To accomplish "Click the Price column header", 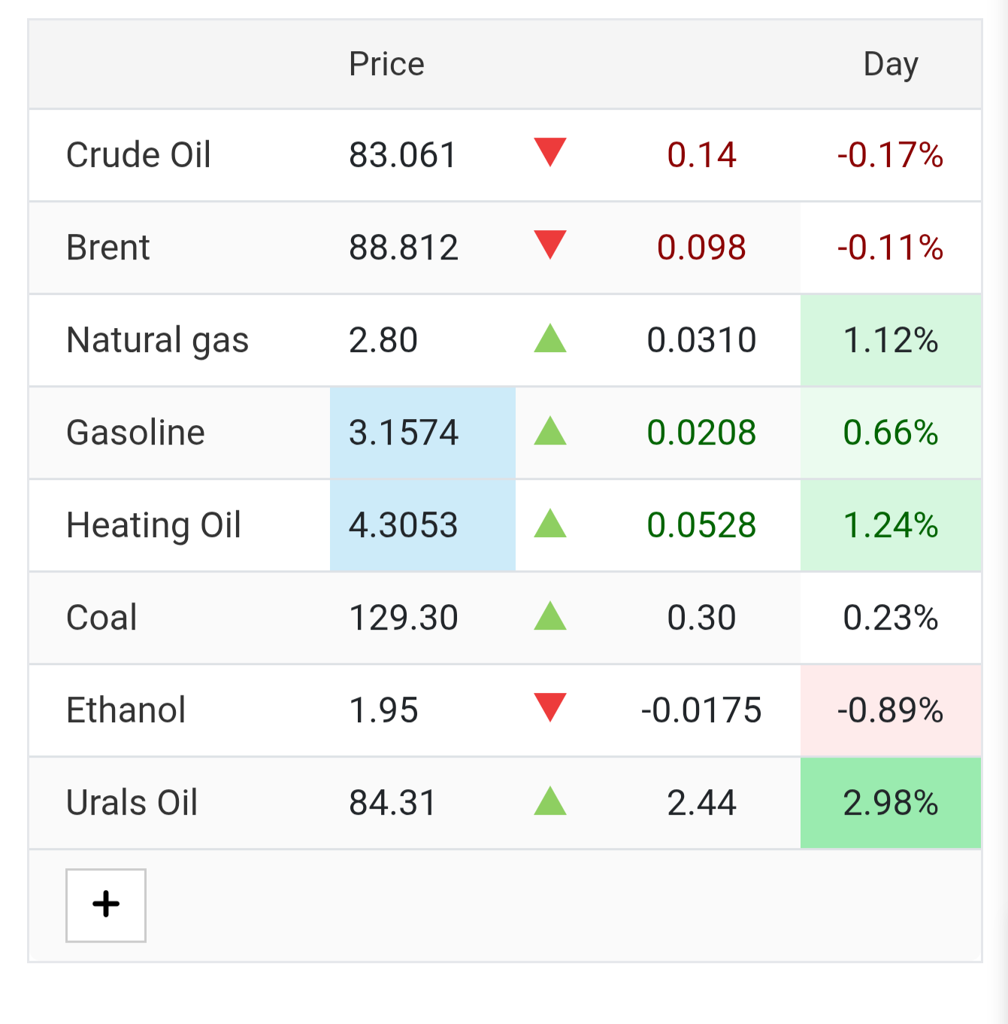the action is click(386, 64).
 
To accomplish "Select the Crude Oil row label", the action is click(138, 155).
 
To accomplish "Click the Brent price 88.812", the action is click(404, 248).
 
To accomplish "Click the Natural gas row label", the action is click(157, 341).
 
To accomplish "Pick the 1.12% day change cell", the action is click(891, 340).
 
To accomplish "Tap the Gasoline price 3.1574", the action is click(404, 433).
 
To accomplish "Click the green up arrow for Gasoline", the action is click(550, 430).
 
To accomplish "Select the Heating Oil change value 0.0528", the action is click(701, 525).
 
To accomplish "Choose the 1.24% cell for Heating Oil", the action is click(891, 525).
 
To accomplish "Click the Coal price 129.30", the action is click(404, 618).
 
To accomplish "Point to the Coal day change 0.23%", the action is click(891, 618).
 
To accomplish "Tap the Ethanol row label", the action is click(126, 710).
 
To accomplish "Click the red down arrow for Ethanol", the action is click(550, 707).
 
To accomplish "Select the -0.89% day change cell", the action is click(891, 710).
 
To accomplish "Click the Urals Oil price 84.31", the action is click(392, 802).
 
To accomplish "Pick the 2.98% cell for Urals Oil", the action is click(891, 802).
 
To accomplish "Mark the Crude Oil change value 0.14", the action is click(701, 155).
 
